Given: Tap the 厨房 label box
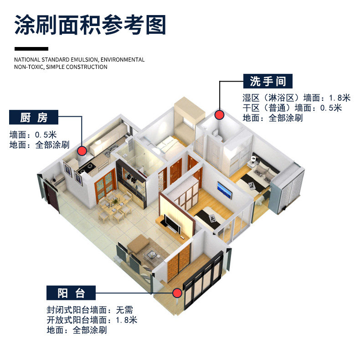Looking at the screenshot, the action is pos(34,117).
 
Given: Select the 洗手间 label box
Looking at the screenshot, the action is pos(268,81).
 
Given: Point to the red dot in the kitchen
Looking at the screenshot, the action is pos(82,150).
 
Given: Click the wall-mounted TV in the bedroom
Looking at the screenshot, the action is pos(224,190).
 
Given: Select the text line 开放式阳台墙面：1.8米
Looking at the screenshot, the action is pos(92,320).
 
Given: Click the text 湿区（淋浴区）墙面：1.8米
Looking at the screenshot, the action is pos(296,98).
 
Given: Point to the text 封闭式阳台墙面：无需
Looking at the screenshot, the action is pos(89,310).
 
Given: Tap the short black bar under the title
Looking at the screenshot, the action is pos(31,48).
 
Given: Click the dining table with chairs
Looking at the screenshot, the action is pos(116,206).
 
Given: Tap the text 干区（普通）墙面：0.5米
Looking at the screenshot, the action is pos(292,108).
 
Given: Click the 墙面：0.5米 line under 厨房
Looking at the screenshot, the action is pos(33,135).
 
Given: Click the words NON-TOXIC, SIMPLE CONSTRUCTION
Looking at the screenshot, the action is pos(61,67).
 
